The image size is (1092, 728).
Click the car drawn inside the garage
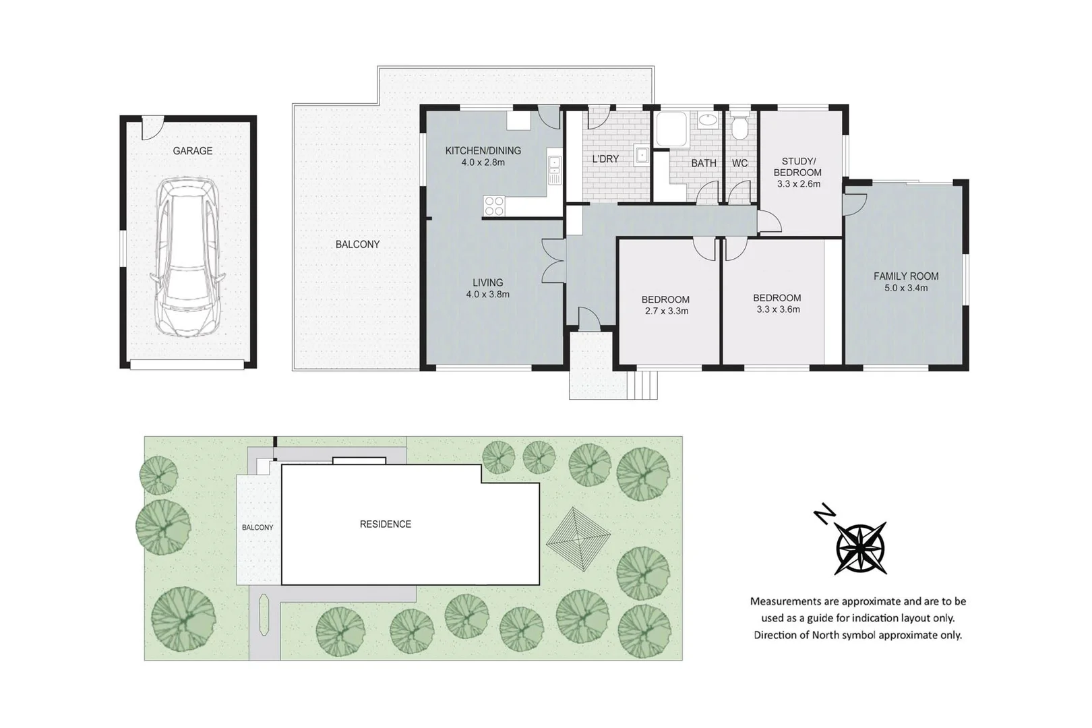pyautogui.click(x=187, y=257)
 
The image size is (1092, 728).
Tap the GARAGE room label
pyautogui.click(x=193, y=151)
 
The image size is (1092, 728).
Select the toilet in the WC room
pyautogui.click(x=739, y=126)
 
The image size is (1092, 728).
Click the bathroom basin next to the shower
pyautogui.click(x=707, y=119)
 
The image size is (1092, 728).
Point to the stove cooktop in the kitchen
pyautogui.click(x=494, y=206)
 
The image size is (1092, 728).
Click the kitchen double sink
pyautogui.click(x=554, y=170)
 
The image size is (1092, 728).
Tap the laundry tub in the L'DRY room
pyautogui.click(x=642, y=154)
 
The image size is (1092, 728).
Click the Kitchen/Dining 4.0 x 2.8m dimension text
pyautogui.click(x=483, y=162)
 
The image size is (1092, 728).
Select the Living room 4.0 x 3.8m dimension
pyautogui.click(x=487, y=294)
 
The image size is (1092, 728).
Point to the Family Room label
pyautogui.click(x=906, y=276)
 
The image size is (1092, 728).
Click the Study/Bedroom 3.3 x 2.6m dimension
pyautogui.click(x=799, y=184)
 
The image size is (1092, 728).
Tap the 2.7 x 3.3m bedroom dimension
pyautogui.click(x=667, y=311)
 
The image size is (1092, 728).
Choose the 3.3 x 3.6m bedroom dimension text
pyautogui.click(x=778, y=309)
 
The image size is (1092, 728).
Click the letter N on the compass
pyautogui.click(x=824, y=514)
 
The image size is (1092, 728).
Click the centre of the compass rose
pyautogui.click(x=861, y=547)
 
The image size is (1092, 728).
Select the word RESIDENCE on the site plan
pyautogui.click(x=385, y=524)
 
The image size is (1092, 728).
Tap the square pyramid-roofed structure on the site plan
pyautogui.click(x=578, y=539)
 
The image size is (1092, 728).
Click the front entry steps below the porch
pyautogui.click(x=642, y=385)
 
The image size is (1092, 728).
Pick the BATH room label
pyautogui.click(x=704, y=163)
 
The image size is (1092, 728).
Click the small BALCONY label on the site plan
pyautogui.click(x=257, y=528)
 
